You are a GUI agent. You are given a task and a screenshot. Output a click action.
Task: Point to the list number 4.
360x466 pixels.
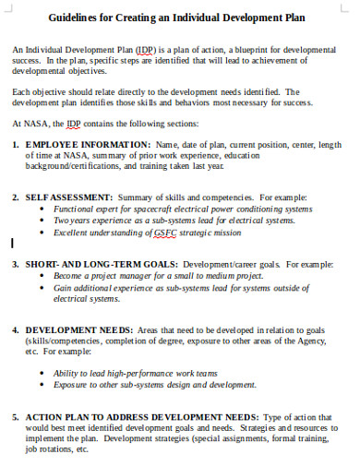[x=16, y=329]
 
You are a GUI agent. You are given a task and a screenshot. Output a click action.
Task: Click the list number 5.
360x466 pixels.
[x=16, y=417]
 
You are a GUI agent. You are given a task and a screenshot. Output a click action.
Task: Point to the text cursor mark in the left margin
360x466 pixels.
[x=12, y=245]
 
